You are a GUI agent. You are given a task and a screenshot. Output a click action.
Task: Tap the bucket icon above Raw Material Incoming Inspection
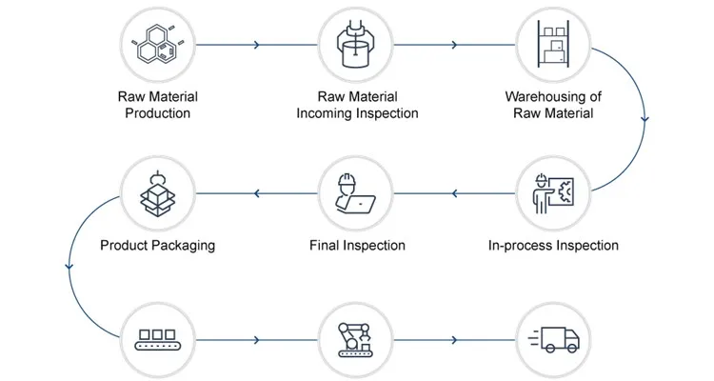357,44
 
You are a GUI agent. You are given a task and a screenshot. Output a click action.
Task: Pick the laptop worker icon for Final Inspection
357,193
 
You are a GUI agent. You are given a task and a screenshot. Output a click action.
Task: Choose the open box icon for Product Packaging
157,193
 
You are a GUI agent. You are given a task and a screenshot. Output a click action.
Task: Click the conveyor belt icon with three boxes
157,339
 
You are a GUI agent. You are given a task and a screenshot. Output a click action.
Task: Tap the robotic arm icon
357,339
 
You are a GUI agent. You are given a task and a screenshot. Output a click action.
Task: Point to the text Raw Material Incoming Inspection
357,105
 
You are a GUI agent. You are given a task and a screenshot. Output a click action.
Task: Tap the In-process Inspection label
553,246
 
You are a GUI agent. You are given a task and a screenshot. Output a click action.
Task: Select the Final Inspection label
357,246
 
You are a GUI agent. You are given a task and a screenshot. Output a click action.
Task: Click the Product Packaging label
157,246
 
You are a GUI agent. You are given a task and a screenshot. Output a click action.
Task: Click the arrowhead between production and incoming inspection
256,44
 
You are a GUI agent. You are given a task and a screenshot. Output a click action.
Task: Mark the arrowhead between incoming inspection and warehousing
455,44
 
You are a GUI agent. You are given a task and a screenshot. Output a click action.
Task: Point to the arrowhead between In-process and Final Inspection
455,194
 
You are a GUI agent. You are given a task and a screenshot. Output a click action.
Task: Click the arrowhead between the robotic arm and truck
455,339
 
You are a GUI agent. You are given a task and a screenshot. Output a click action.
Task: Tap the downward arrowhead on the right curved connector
646,120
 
